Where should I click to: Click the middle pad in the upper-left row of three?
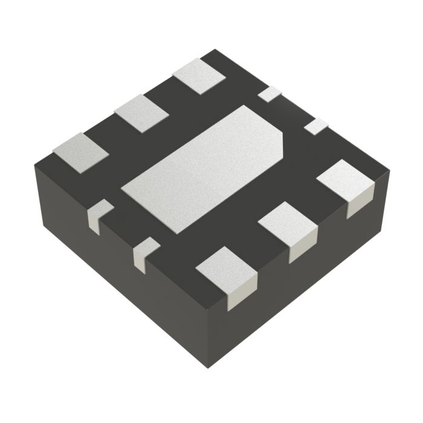pos(141,113)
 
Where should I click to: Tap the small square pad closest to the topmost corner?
pos(270,94)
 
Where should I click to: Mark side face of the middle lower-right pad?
pos(302,248)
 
